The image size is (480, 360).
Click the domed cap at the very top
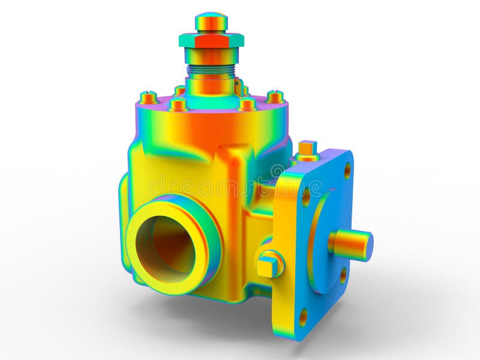click(211, 22)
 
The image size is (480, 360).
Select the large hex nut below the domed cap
click(211, 40)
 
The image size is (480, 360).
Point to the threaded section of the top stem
click(211, 70)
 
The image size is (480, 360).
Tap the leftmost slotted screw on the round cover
click(148, 97)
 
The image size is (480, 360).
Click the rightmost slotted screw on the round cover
click(275, 97)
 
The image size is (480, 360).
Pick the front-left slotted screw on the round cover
click(178, 105)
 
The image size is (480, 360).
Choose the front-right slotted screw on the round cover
click(247, 104)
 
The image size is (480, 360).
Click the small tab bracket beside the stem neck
click(239, 88)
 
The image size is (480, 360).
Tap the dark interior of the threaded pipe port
click(166, 247)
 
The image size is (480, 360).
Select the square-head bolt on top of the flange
click(307, 150)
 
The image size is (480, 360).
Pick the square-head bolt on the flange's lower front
click(269, 264)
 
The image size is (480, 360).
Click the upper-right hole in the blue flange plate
click(347, 170)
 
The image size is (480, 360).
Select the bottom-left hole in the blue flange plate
click(303, 317)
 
